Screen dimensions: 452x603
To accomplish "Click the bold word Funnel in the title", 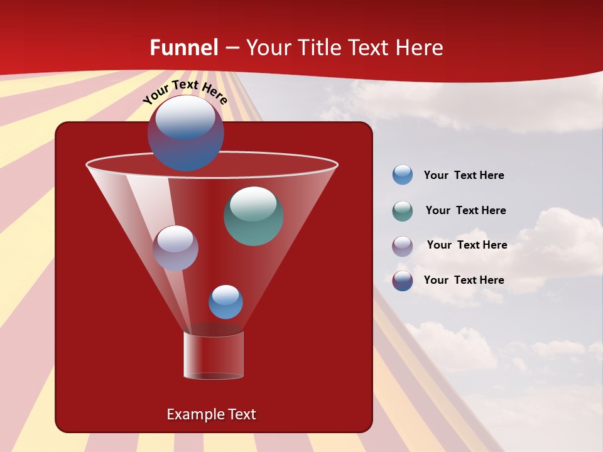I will pyautogui.click(x=184, y=48).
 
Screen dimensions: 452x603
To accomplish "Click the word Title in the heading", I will pyautogui.click(x=319, y=48).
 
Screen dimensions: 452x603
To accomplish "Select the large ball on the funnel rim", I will pyautogui.click(x=185, y=133).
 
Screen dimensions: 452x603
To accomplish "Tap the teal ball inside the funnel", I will pyautogui.click(x=253, y=216).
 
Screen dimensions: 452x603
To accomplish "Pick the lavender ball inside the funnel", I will pyautogui.click(x=175, y=248).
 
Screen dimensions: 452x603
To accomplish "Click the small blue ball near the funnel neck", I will pyautogui.click(x=225, y=302).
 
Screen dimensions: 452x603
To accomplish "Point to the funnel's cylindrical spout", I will pyautogui.click(x=214, y=355).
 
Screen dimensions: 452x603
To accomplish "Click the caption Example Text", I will pyautogui.click(x=211, y=414).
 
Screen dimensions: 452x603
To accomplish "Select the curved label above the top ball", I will pyautogui.click(x=185, y=93).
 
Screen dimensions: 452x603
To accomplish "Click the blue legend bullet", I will pyautogui.click(x=403, y=175).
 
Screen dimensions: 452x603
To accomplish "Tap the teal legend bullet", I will pyautogui.click(x=403, y=211).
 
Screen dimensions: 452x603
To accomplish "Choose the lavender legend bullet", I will pyautogui.click(x=403, y=246).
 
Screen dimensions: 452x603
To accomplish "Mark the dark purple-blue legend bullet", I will pyautogui.click(x=403, y=281).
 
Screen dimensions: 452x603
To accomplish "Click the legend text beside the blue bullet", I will pyautogui.click(x=464, y=176).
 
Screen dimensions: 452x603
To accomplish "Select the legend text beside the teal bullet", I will pyautogui.click(x=465, y=211).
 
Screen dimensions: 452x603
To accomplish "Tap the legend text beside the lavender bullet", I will pyautogui.click(x=467, y=245).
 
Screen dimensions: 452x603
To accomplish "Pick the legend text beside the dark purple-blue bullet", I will pyautogui.click(x=464, y=281).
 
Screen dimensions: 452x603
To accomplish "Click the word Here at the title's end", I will pyautogui.click(x=420, y=48).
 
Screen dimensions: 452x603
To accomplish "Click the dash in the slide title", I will pyautogui.click(x=232, y=48).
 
